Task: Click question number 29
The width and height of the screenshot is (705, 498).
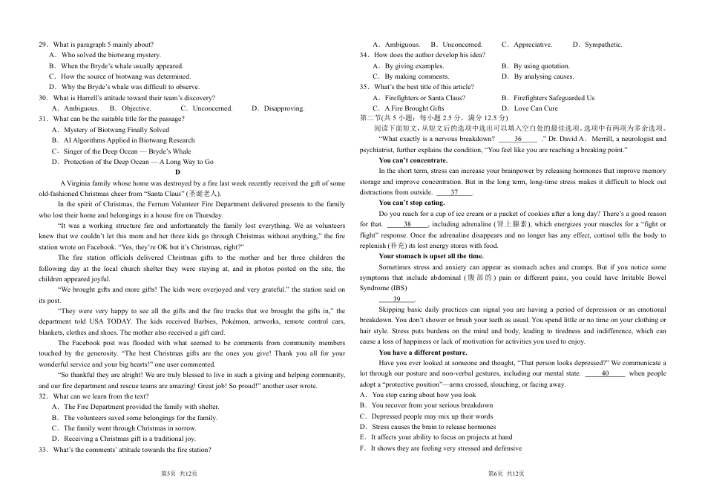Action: pos(43,45)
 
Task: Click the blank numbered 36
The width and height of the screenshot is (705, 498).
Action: pos(517,139)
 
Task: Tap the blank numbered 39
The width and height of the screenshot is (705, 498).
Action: pos(397,299)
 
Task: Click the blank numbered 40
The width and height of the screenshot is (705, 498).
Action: pos(605,374)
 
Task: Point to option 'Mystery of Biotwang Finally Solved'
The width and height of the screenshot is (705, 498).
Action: pos(110,130)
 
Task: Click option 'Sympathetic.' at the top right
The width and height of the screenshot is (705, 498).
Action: pos(603,45)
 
